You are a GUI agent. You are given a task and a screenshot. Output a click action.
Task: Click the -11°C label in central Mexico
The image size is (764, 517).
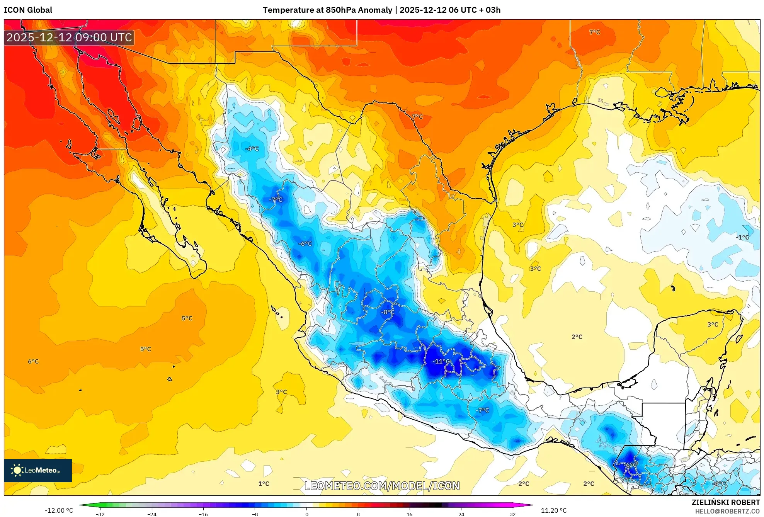point(441,361)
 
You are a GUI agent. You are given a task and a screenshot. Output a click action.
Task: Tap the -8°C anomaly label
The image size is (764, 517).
point(388,312)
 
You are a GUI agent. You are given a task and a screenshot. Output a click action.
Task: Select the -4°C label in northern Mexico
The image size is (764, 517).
point(252,149)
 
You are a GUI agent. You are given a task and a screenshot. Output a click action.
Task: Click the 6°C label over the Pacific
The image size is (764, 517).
point(33,362)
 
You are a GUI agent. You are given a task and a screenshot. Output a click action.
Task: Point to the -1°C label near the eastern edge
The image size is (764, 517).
point(742,237)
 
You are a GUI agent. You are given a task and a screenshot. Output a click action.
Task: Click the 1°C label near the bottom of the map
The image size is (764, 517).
point(264,484)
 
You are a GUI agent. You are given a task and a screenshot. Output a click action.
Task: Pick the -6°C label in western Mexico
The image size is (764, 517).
point(305,244)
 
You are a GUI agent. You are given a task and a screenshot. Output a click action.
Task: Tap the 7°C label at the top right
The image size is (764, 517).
point(594,32)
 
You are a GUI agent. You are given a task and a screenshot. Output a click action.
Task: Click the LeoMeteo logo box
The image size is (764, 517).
point(38,470)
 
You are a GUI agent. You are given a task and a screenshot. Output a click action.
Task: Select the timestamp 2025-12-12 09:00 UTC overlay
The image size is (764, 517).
point(69,37)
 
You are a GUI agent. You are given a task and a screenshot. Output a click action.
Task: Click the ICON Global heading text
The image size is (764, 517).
point(28,10)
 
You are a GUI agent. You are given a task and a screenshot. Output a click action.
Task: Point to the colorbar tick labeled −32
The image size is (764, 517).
point(100,514)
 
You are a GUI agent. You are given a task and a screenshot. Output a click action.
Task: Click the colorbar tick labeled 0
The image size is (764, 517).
point(306,514)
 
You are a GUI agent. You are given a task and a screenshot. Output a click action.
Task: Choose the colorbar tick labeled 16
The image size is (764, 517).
point(409,514)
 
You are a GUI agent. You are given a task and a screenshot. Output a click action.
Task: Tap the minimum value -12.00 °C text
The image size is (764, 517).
point(59,510)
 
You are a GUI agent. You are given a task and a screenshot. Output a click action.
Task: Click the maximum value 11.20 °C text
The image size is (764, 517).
point(553,510)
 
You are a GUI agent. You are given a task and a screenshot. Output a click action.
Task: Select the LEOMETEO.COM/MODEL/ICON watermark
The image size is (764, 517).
point(382,486)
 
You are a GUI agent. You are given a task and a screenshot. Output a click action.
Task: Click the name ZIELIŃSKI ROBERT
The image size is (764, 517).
point(725,502)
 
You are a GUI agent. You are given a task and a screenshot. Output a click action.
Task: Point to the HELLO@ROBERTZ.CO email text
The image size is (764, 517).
point(727,511)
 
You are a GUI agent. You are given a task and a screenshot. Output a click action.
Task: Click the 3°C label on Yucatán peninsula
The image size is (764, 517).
point(713,325)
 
